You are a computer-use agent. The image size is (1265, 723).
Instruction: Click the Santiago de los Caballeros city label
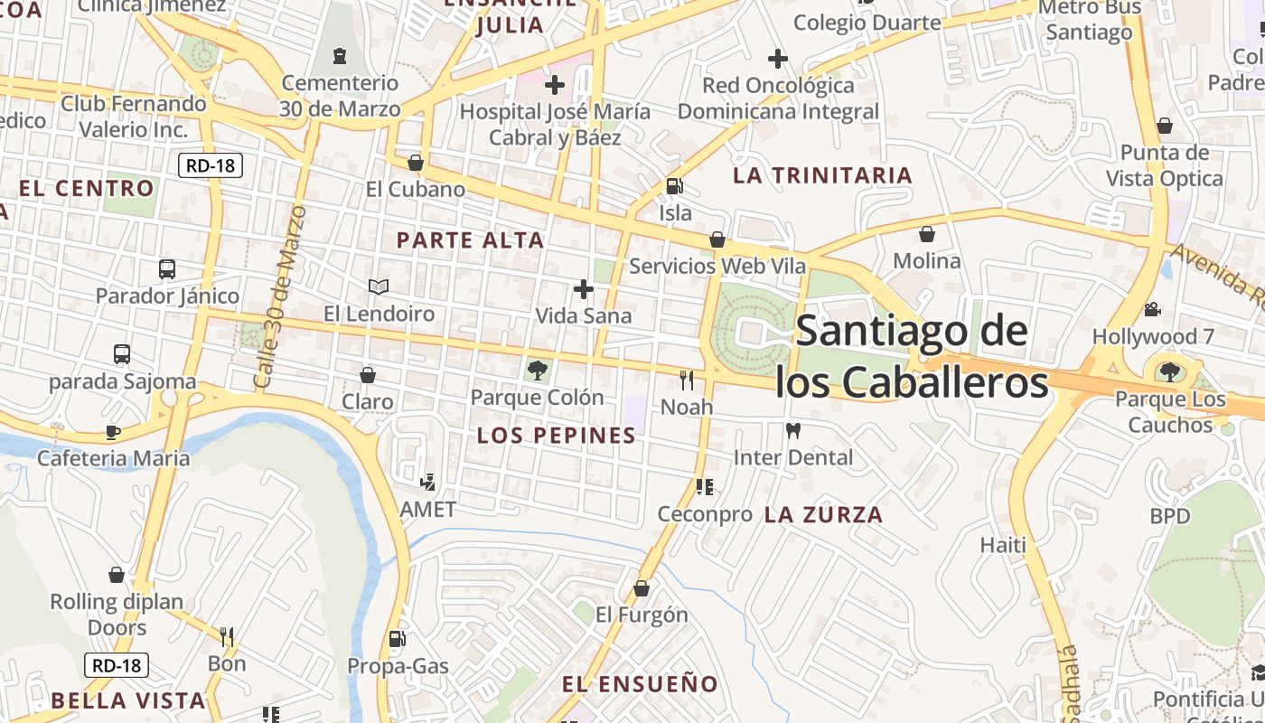(912, 357)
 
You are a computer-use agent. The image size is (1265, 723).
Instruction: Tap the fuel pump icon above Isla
(674, 186)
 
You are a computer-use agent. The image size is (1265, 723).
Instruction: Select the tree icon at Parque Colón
(538, 370)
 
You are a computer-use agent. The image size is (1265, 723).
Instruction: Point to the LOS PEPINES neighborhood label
(557, 436)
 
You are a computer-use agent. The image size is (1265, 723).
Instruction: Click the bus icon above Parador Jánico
(167, 268)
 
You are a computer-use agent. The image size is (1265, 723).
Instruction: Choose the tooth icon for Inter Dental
(793, 431)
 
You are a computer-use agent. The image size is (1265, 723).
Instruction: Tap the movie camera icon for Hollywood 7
(1152, 310)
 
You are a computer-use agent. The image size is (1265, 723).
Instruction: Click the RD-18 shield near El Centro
(211, 165)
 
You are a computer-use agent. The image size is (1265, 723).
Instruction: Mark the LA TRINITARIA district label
(822, 175)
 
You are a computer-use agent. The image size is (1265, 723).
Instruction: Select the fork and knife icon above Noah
(687, 380)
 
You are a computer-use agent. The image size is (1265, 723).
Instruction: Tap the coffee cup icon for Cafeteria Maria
(113, 432)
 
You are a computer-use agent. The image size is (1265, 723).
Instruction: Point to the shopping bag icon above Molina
(927, 235)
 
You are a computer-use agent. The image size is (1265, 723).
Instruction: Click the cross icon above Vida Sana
(584, 289)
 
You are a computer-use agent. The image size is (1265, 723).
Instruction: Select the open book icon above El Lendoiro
(379, 286)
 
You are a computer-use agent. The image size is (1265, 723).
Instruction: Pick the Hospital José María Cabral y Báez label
(555, 125)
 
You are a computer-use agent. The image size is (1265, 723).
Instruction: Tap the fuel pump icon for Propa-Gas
(397, 639)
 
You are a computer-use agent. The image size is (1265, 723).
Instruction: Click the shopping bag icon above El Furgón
(642, 588)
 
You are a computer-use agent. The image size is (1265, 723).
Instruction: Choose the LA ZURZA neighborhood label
(823, 515)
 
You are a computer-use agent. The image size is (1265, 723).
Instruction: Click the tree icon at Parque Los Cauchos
(1170, 371)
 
